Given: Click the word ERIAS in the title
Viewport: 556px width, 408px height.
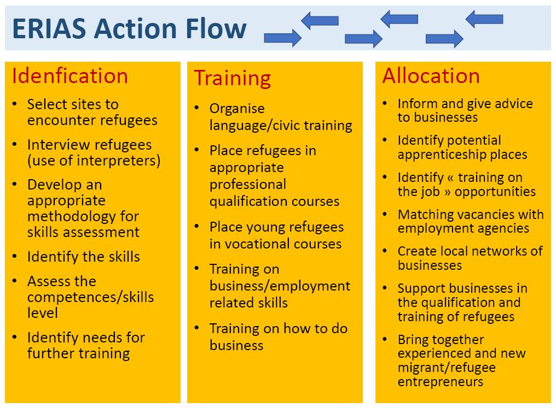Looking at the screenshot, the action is [49, 28].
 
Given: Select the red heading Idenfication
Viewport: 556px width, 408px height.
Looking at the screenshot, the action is [70, 76].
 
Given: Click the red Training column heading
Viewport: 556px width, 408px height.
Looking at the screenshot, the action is [232, 78].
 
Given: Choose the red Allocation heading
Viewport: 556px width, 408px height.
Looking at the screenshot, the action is [431, 76].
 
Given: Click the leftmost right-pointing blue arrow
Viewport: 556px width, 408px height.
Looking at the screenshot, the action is [282, 38].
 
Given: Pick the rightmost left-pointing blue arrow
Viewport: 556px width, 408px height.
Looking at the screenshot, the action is [484, 19].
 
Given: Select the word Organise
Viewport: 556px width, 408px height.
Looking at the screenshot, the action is [237, 109].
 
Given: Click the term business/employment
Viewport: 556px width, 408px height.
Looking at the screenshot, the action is [280, 286].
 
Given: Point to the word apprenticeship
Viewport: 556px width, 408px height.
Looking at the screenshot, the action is [442, 155].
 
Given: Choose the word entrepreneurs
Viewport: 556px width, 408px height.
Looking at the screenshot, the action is [441, 382].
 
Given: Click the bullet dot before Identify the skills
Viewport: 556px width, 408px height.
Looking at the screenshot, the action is [15, 256].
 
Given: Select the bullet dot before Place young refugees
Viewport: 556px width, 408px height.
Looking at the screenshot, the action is [197, 227].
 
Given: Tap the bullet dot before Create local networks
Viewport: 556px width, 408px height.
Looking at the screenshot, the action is [385, 251].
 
